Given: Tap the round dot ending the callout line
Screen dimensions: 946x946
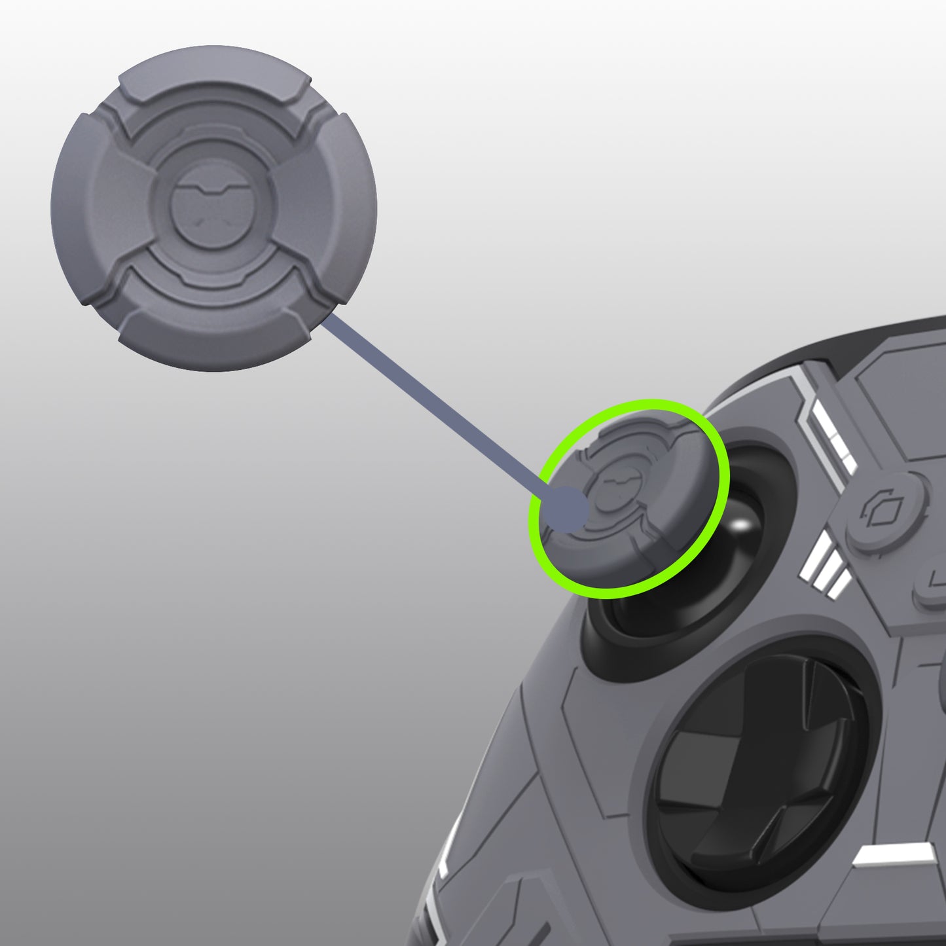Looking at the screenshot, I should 567,510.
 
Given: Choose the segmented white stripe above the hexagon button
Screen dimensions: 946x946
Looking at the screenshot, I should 831,429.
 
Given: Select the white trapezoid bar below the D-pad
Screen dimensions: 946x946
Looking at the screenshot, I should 894,858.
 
